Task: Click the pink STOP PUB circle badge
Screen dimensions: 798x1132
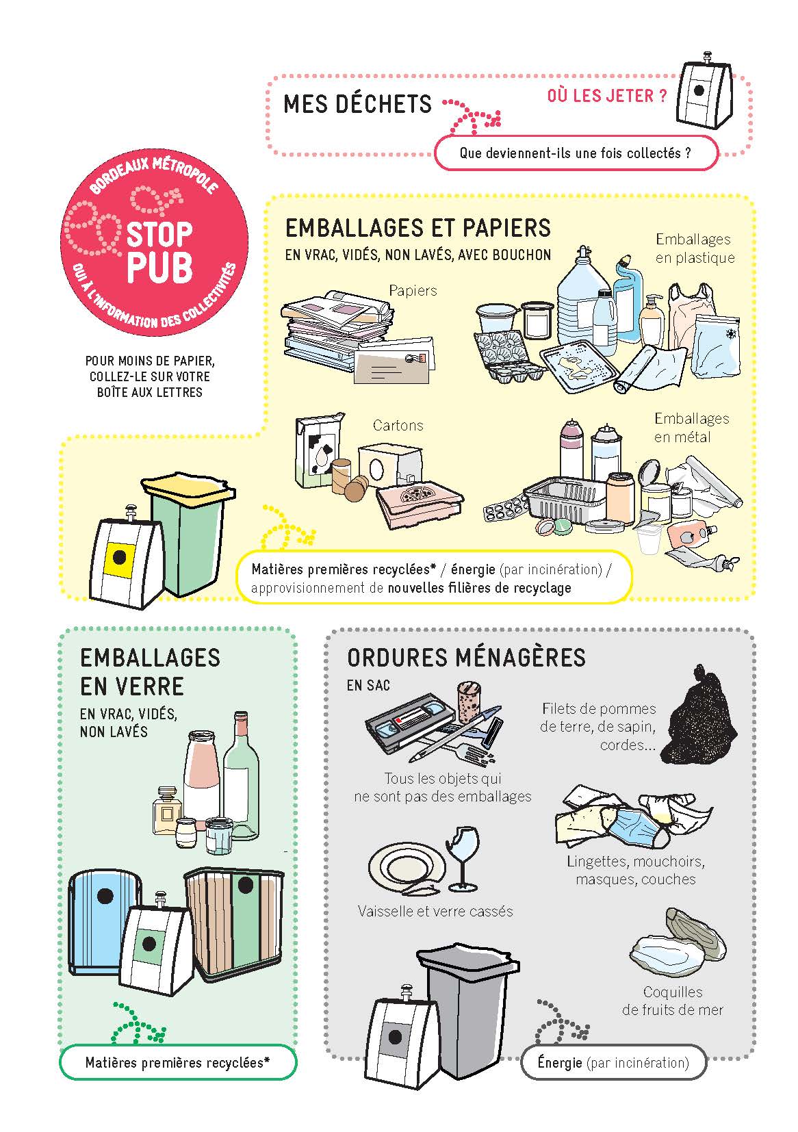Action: pos(154,242)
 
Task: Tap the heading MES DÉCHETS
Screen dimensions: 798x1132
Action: pos(357,104)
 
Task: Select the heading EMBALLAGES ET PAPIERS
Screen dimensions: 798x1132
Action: pos(418,229)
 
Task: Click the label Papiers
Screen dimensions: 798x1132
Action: pos(413,291)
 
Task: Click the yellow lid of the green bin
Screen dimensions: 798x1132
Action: pos(188,489)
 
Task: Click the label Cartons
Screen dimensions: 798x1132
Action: pos(398,425)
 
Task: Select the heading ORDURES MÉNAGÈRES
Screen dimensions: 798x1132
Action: pos(466,658)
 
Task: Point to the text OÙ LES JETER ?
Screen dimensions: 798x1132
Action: pos(607,96)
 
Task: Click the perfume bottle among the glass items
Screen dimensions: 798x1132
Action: pos(167,810)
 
